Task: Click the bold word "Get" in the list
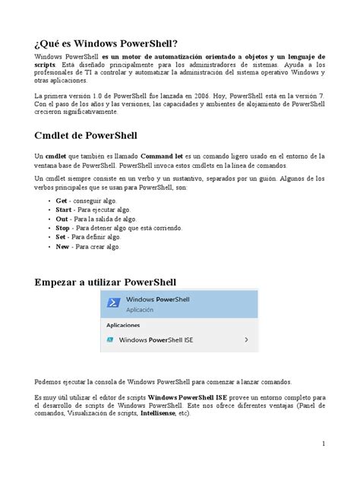coord(63,199)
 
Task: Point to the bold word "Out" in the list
coord(63,218)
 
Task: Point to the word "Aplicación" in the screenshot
coord(141,311)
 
